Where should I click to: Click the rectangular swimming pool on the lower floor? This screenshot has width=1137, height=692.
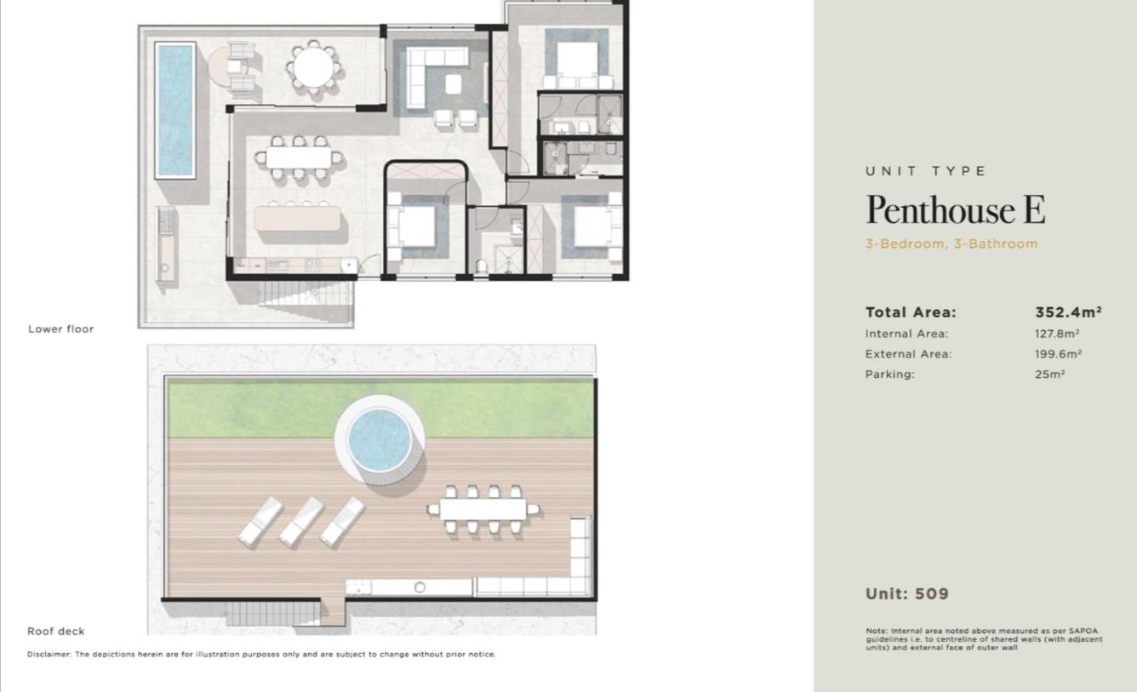[175, 110]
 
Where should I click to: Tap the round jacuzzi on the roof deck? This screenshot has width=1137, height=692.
[380, 440]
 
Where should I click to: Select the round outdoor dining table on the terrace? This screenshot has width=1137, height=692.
[313, 67]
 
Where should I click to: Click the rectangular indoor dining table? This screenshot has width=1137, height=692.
[299, 157]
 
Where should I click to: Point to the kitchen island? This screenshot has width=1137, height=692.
[298, 218]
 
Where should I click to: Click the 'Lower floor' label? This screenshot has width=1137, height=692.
[61, 329]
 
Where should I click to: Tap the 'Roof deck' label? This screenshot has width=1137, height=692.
[56, 631]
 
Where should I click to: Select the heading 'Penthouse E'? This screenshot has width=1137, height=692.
[955, 209]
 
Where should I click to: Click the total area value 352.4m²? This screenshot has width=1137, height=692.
[1068, 312]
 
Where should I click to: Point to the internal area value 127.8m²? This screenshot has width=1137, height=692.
[1057, 334]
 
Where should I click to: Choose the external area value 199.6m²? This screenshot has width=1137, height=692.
[1059, 354]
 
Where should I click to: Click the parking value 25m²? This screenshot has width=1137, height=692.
[1049, 375]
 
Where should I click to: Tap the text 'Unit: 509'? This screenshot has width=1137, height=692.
[907, 593]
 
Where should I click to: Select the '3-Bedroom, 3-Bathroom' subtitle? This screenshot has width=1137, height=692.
[951, 244]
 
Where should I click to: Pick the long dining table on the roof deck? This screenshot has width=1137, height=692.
[483, 509]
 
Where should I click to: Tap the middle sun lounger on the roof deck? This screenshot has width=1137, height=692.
[301, 522]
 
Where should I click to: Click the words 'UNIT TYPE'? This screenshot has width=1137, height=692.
[925, 171]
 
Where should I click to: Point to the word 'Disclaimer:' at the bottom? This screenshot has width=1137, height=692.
[49, 655]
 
